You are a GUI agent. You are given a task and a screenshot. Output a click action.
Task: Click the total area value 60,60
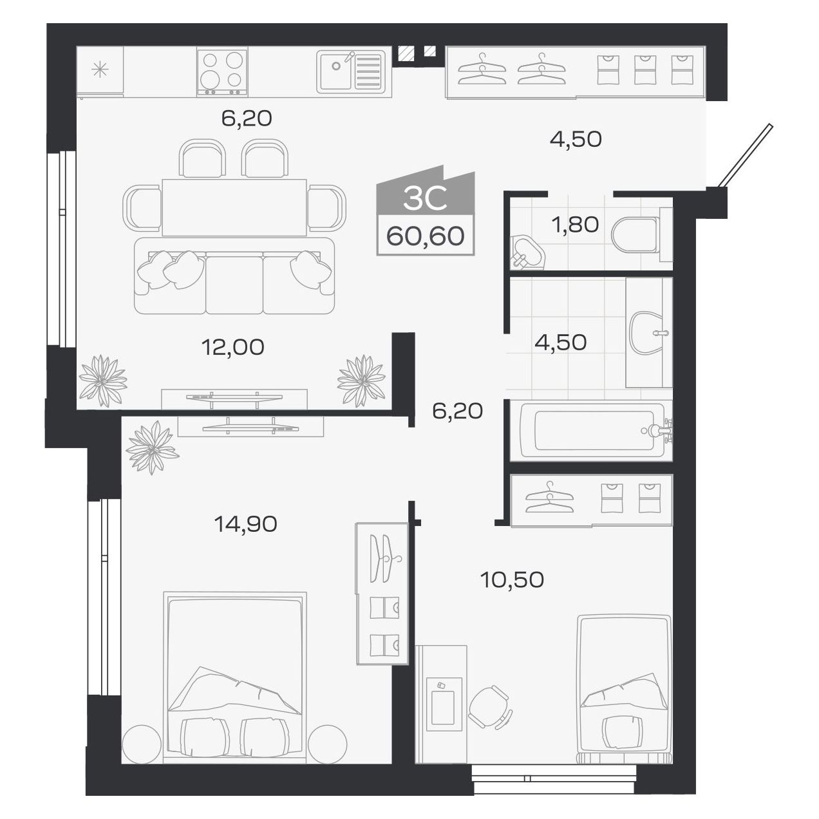[x=425, y=236]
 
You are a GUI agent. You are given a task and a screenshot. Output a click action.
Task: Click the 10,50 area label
[x=512, y=579]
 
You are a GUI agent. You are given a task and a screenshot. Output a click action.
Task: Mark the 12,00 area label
[x=232, y=347]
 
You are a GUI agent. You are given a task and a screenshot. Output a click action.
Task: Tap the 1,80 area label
[x=574, y=225]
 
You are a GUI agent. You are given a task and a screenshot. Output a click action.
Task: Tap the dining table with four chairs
[x=234, y=207]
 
